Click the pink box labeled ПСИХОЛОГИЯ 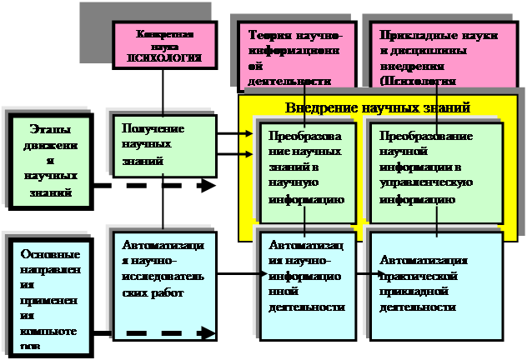point(164,46)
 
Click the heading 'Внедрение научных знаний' point(378,108)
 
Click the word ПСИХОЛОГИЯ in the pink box point(164,58)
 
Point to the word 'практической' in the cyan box point(414,276)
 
